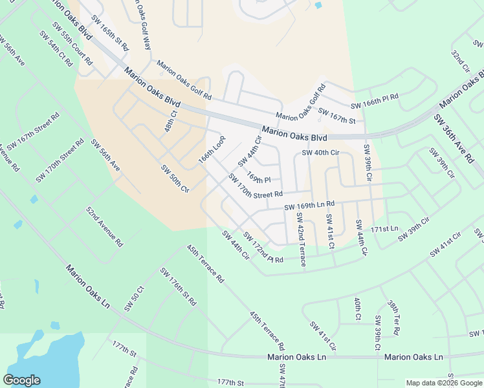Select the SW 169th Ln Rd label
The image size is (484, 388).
point(309,206)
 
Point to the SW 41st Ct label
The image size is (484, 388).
point(330,231)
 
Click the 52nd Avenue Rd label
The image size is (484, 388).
point(105,227)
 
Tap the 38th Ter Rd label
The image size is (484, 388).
point(394,318)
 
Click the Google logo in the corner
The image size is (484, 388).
point(21,380)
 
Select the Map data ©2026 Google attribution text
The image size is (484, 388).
point(443,383)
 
